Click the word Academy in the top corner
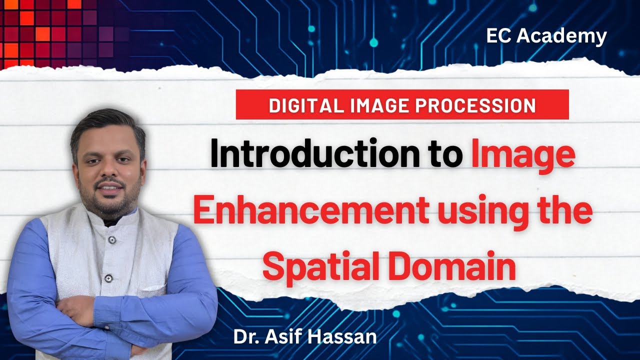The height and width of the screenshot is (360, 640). [564, 36]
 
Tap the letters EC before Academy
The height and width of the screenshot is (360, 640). [499, 36]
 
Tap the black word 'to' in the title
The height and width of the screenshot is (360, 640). [444, 155]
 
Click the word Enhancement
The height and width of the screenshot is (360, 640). [310, 211]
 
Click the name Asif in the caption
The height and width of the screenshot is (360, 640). [284, 336]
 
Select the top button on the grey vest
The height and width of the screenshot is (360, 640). [112, 240]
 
